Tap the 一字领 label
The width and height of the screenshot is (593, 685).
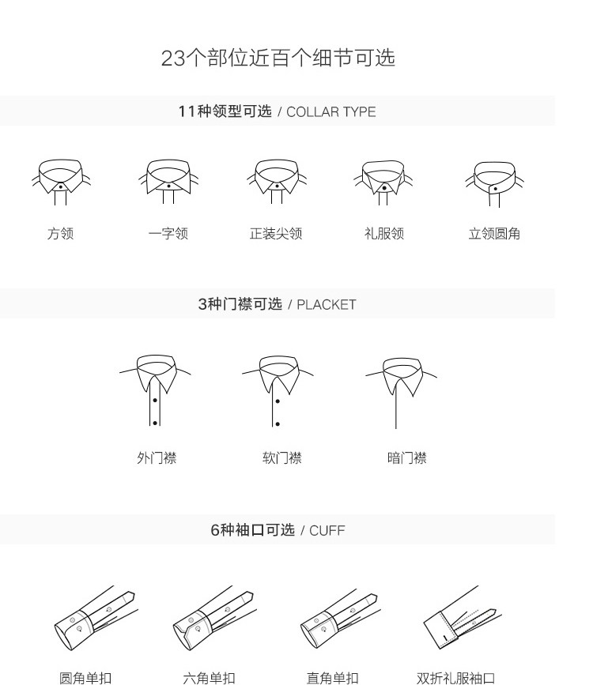point(168,233)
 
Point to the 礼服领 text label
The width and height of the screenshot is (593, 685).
point(384,233)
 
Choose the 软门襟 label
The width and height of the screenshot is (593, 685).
point(282,457)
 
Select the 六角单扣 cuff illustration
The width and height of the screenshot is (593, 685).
point(214,618)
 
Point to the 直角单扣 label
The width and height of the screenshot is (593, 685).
point(332,678)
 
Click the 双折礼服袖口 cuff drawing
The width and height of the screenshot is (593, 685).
point(463,617)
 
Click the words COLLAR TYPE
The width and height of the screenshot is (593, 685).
point(331,112)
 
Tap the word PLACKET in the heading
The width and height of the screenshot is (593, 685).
point(327,304)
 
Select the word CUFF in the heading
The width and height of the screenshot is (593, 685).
point(327,530)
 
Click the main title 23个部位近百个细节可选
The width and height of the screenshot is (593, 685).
point(278,58)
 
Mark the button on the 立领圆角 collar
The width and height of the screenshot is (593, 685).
point(496,189)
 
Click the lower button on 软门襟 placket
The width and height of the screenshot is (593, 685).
point(278,423)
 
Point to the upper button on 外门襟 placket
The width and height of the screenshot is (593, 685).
point(155,401)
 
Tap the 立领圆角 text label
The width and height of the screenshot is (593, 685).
point(494,233)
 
